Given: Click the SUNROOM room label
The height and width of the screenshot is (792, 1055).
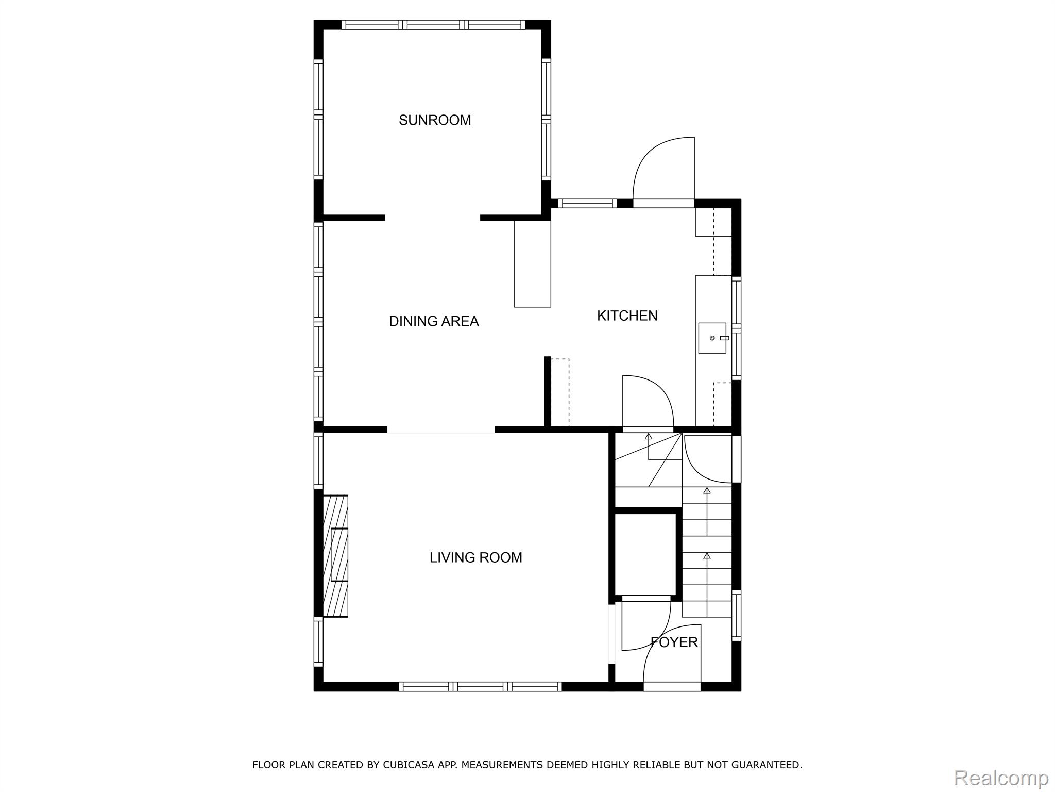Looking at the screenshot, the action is click(x=435, y=120).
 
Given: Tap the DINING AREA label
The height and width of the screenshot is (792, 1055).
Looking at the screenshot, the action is click(x=434, y=321).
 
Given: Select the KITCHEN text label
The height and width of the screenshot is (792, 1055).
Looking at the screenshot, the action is click(x=627, y=316).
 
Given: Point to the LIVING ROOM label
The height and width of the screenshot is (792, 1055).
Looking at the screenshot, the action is click(x=476, y=557).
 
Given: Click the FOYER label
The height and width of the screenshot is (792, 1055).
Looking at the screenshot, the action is click(x=674, y=642).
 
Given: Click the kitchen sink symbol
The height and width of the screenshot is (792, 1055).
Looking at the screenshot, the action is click(x=712, y=338).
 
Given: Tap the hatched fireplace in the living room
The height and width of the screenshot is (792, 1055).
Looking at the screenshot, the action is click(x=335, y=556).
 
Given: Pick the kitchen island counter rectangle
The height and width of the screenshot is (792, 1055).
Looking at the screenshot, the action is click(x=533, y=264).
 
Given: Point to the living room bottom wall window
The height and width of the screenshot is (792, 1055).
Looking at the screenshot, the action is click(x=480, y=686).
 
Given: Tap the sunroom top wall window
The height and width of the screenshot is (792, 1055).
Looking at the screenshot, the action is click(x=433, y=25).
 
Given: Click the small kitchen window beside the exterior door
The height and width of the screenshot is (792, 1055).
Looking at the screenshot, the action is click(x=587, y=203).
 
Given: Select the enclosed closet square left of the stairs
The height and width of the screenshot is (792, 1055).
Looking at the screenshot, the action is click(x=645, y=554).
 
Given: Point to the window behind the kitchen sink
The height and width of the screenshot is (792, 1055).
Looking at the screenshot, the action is click(x=737, y=328).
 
